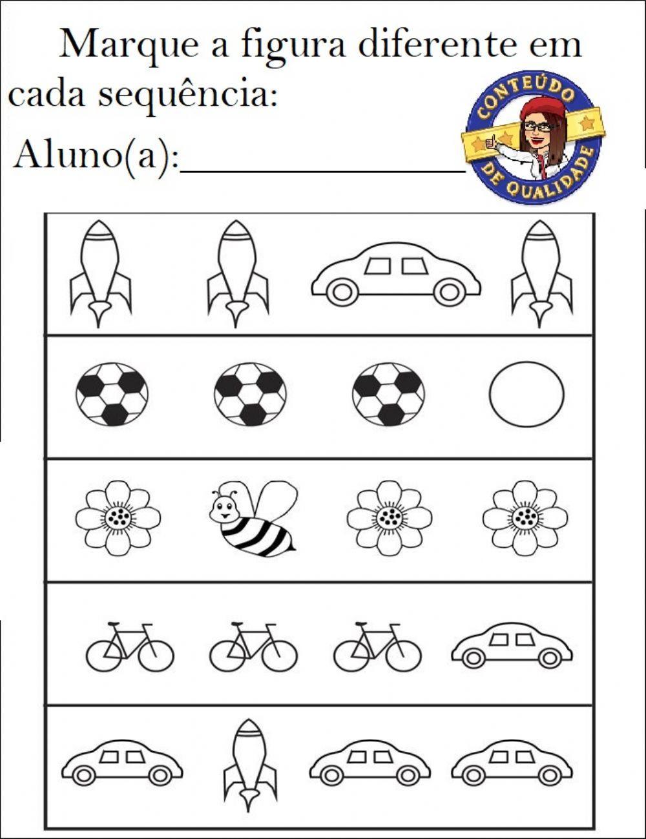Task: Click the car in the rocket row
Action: (395, 274)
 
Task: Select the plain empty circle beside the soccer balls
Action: (526, 394)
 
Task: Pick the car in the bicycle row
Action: (512, 645)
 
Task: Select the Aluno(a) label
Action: (96, 155)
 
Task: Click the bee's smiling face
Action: (224, 508)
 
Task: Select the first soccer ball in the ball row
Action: (112, 394)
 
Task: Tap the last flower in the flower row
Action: (525, 518)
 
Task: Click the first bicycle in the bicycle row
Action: (129, 648)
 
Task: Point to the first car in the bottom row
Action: (121, 763)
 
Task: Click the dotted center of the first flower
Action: (118, 517)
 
